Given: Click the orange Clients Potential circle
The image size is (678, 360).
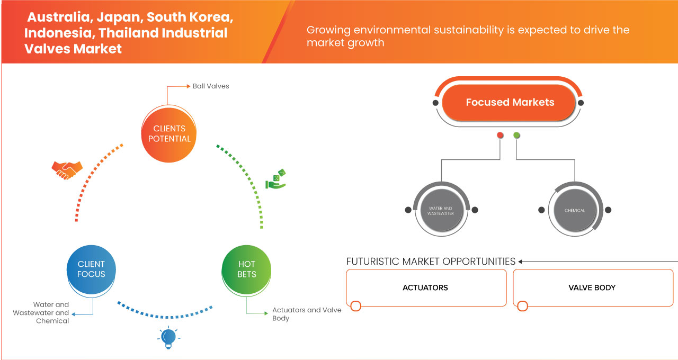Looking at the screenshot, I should pos(169,133).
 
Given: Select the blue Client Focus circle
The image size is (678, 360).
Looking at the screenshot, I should pos(91,269).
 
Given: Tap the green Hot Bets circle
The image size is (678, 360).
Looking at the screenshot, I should pos(247,269).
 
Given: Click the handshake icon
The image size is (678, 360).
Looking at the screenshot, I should pos(67,170).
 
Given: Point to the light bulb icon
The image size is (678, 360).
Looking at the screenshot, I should pos(168,337).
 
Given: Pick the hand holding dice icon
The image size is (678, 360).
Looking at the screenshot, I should pos(276,179).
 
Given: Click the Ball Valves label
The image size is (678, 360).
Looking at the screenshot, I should pos(211,86).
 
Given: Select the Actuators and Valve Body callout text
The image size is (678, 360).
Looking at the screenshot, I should pos(306,314).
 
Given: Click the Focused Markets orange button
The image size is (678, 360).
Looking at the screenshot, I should pos(510,102).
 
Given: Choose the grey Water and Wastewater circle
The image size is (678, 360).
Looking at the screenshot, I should pos(440,211).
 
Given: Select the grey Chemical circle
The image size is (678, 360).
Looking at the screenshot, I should pos(575,211).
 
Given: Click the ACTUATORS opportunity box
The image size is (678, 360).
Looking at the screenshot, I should pos(425,287).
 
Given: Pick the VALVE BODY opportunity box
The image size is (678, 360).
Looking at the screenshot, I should pos(592,287).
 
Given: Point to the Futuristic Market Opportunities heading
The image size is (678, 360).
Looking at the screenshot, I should pos(431,262).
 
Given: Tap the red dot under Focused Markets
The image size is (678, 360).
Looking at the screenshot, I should pos(500,136).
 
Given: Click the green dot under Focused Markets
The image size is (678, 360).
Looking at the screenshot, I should pos(517,136).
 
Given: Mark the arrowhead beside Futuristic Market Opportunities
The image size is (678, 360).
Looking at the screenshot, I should pos(521,262).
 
